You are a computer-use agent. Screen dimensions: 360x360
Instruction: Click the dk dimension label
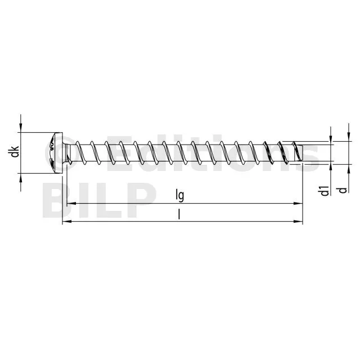point(15,151)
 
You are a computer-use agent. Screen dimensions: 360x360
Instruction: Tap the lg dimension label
point(180,195)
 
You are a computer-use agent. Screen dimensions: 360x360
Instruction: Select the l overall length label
point(179,214)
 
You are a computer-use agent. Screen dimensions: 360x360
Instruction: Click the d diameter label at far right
point(343,190)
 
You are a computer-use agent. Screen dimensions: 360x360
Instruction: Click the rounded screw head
point(55,152)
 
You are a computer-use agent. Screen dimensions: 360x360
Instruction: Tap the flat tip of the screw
point(301,153)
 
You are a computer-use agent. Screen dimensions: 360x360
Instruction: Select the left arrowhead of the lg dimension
point(71,204)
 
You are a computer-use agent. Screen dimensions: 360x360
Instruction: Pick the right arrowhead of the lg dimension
point(298,204)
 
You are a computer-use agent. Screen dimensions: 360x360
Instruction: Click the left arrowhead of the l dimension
point(67,222)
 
